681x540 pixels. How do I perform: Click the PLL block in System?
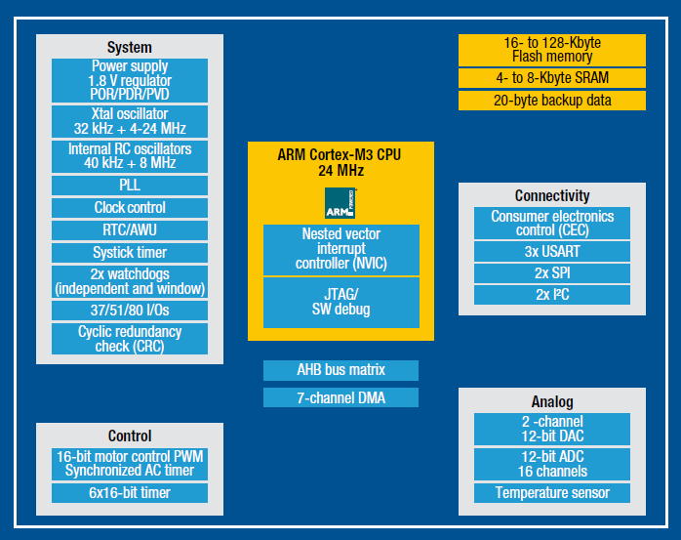click(x=130, y=185)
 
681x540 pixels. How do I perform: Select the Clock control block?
click(x=130, y=207)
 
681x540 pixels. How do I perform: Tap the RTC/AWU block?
click(x=130, y=229)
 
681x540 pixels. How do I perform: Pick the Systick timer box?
click(x=130, y=252)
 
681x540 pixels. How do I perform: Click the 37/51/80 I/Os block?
click(x=130, y=310)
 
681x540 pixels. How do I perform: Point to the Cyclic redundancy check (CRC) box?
click(x=130, y=339)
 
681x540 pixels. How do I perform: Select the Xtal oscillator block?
click(x=130, y=121)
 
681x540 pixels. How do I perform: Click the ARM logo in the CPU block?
click(x=340, y=202)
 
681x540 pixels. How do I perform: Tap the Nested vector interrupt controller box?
click(x=340, y=249)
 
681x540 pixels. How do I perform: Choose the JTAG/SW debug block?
click(x=340, y=302)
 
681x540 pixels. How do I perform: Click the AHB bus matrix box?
click(x=340, y=370)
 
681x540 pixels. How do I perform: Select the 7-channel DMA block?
click(x=340, y=397)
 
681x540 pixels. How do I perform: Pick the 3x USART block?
click(x=551, y=251)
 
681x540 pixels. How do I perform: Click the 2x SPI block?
click(x=551, y=272)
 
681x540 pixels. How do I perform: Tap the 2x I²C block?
click(x=551, y=295)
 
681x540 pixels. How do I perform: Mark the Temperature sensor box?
click(x=551, y=493)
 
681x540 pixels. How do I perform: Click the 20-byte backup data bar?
click(x=551, y=101)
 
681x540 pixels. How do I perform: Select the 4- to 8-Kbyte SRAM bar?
click(x=551, y=78)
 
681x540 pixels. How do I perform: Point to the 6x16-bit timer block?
click(x=130, y=493)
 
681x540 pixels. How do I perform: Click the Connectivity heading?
click(x=552, y=195)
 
